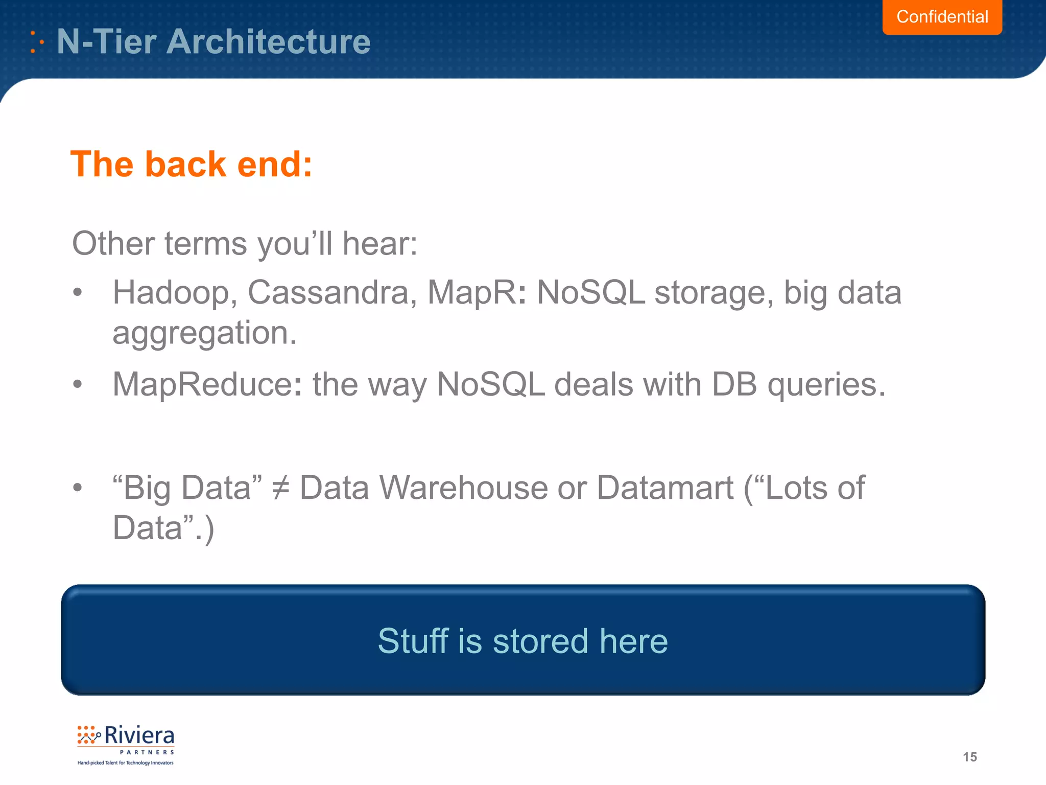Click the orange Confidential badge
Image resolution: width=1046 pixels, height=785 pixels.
(x=942, y=17)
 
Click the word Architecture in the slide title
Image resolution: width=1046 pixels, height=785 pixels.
(x=268, y=41)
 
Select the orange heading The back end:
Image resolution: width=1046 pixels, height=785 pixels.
(x=191, y=165)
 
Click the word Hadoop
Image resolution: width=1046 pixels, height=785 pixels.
(x=175, y=293)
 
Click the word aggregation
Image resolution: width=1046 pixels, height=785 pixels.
(x=204, y=333)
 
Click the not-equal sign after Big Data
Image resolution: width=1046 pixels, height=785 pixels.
(x=280, y=488)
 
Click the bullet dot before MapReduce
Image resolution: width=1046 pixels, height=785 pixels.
(x=77, y=384)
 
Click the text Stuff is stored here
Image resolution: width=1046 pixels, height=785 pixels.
(x=522, y=641)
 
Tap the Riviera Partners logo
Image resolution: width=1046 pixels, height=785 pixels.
(x=126, y=744)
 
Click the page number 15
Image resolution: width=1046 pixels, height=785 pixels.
(x=969, y=757)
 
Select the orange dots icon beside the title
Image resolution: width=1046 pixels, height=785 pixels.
(x=36, y=42)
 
